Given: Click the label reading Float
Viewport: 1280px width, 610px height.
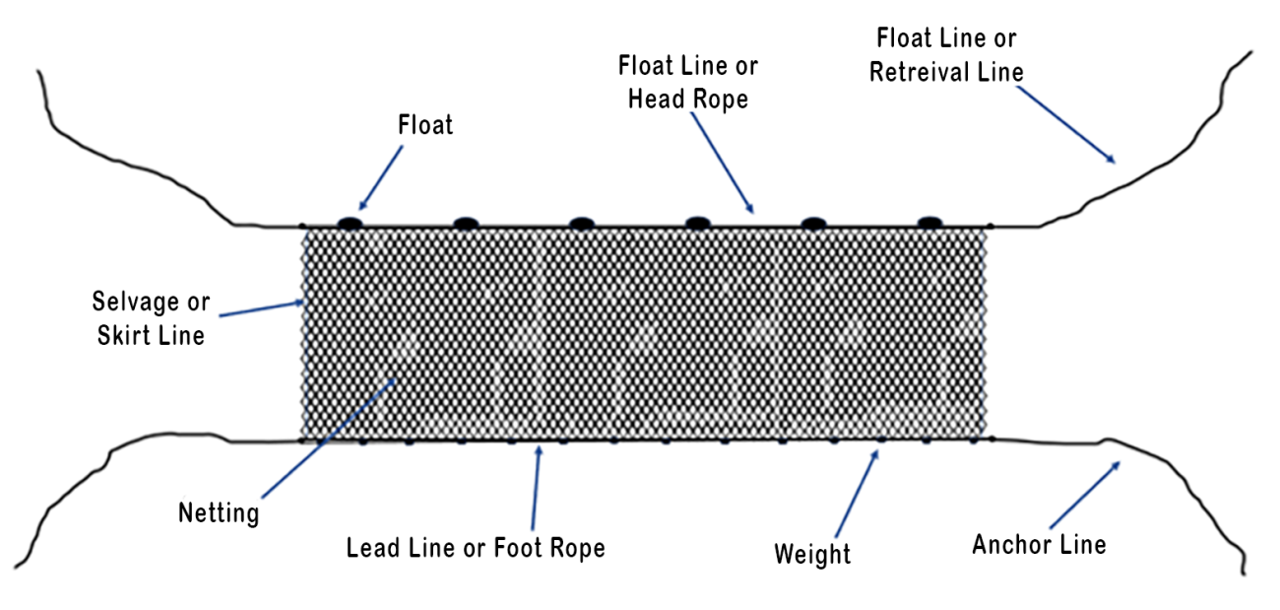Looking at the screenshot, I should coord(425,126).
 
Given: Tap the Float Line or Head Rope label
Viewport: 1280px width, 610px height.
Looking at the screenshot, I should coord(688,83).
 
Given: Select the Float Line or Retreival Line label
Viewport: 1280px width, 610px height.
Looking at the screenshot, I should coord(946,55).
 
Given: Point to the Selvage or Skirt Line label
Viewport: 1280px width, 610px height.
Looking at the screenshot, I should coord(151,318).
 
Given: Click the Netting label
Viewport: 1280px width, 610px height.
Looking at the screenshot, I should coord(219,512).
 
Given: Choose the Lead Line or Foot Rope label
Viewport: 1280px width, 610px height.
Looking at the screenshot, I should coord(476,548).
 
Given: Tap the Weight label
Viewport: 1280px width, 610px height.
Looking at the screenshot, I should coord(812,554).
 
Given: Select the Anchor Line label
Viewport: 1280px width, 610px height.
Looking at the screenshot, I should coord(1039,544).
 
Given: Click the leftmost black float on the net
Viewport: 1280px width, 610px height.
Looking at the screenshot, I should coord(349,223).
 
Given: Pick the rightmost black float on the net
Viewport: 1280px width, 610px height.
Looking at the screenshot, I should coord(928,223).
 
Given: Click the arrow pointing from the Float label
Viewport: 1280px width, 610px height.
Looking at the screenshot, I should coord(380,178).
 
